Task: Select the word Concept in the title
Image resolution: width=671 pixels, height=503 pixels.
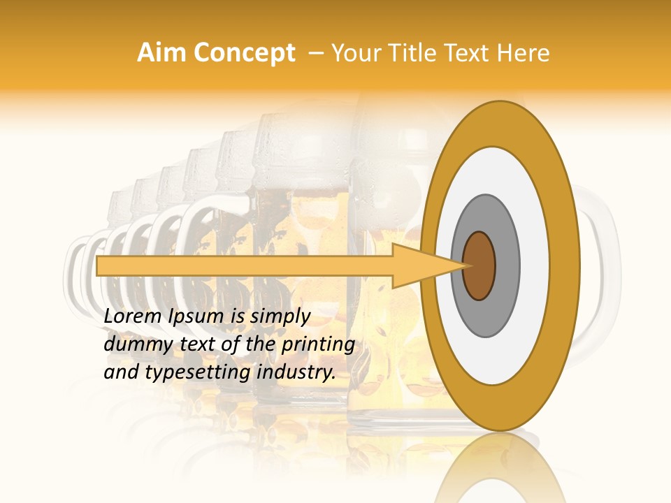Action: [245, 52]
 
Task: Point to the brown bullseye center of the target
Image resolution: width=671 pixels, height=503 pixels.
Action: [479, 265]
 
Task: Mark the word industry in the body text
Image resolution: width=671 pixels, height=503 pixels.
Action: [296, 372]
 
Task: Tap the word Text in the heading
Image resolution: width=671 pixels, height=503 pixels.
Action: [468, 52]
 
